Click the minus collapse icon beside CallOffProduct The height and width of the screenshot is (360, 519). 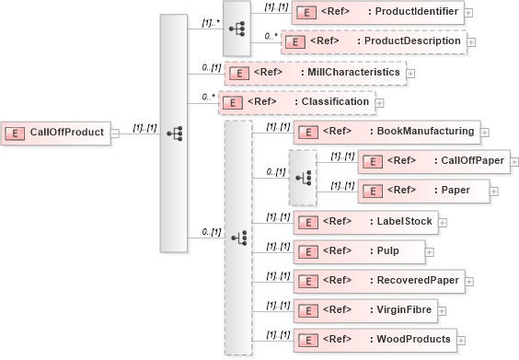[114, 133]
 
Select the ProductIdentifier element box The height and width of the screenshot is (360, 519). [377, 13]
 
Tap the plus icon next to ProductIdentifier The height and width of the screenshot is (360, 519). [469, 14]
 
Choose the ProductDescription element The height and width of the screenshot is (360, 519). [374, 41]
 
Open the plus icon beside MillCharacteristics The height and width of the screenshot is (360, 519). [410, 73]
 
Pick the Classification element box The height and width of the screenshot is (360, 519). [295, 102]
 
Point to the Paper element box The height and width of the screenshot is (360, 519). [421, 191]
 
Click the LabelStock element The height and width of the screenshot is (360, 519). [363, 221]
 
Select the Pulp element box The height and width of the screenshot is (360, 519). [358, 250]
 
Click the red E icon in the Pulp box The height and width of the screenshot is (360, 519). [308, 250]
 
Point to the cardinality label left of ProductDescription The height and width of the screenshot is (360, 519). [271, 35]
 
